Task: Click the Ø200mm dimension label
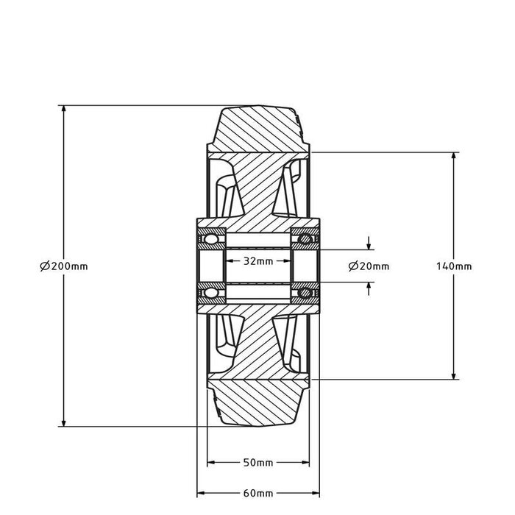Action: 64,266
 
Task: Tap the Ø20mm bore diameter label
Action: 369,266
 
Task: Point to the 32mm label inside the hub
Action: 257,260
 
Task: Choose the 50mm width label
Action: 257,463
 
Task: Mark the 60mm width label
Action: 257,493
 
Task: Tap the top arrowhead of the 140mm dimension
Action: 454,156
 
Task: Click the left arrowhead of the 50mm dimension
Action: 211,463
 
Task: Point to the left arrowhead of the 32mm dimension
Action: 229,260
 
